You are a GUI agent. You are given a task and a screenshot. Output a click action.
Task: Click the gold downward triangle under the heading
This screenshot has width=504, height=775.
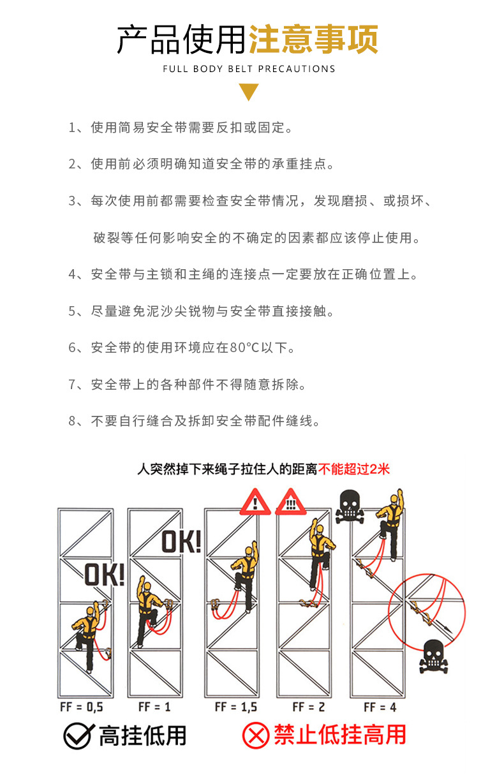pyautogui.click(x=249, y=93)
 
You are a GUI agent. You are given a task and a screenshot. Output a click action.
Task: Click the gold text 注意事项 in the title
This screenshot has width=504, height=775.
pyautogui.click(x=313, y=40)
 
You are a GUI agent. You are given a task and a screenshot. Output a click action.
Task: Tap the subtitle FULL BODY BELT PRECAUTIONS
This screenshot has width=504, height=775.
pyautogui.click(x=249, y=69)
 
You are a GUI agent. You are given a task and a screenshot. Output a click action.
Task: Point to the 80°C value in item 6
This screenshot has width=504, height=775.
pyautogui.click(x=242, y=348)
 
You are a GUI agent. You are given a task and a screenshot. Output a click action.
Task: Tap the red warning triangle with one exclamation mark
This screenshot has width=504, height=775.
pyautogui.click(x=255, y=503)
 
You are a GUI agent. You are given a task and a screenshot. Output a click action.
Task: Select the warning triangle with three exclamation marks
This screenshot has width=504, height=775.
pyautogui.click(x=290, y=503)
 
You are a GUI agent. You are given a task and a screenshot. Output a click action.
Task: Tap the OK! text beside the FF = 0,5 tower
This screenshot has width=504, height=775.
pyautogui.click(x=104, y=574)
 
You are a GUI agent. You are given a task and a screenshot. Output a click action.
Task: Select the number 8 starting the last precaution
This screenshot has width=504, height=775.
pyautogui.click(x=72, y=421)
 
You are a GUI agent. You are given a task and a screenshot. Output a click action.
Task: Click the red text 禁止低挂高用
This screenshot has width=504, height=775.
pyautogui.click(x=340, y=735)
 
